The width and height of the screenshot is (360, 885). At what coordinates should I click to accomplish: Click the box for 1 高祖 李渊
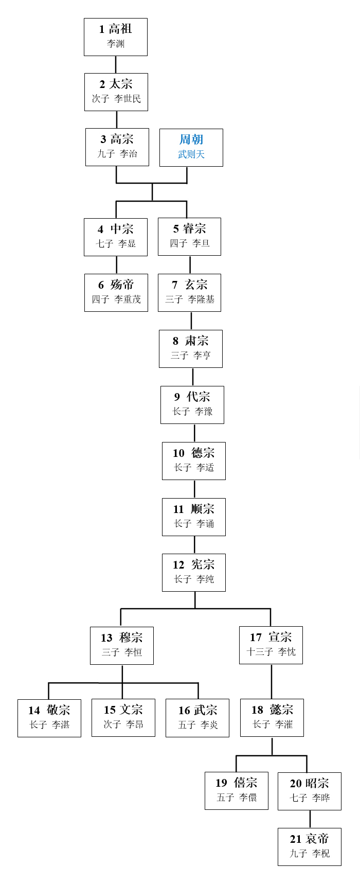point(116,37)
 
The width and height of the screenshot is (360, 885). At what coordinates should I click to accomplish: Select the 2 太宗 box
point(116,92)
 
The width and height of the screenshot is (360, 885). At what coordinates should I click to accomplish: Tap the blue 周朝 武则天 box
point(191,148)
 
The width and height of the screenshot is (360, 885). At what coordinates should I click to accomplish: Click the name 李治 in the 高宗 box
point(129,154)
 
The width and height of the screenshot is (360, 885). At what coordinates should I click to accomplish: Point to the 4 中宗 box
point(116,237)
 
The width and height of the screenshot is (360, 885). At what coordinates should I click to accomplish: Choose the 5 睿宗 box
point(189,237)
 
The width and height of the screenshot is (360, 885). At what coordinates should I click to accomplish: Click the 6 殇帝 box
point(116,293)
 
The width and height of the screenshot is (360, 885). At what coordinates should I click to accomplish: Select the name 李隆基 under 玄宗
point(201,299)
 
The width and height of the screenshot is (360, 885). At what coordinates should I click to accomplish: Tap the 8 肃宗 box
point(191,349)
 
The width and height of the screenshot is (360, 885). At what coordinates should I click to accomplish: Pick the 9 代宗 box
point(192,405)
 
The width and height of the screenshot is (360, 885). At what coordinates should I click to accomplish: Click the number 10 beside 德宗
point(178,453)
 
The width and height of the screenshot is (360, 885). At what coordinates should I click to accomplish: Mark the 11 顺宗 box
point(194,517)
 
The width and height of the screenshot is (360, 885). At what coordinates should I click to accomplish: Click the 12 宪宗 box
point(194,573)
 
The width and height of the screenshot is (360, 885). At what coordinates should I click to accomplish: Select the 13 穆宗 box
point(122,646)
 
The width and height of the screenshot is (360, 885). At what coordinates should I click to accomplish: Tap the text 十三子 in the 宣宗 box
point(260,652)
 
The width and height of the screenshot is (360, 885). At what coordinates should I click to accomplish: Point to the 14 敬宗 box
point(49,718)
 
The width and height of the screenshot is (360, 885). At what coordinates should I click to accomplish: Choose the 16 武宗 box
point(197,718)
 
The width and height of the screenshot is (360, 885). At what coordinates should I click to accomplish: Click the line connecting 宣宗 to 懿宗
point(272,682)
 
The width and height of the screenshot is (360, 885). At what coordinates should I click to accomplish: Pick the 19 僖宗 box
point(237,791)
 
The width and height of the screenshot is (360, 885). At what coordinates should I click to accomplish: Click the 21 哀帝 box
point(310,847)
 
